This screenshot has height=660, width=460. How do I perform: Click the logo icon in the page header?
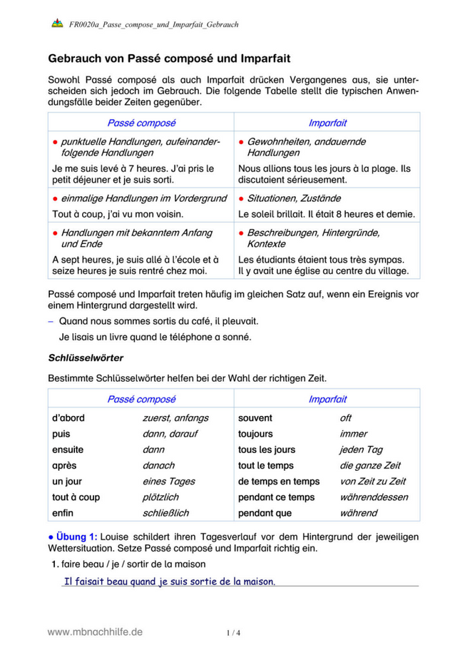(57, 24)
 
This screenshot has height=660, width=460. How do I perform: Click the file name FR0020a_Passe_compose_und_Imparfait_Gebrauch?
(153, 24)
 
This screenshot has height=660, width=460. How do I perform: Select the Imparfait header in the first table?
(327, 123)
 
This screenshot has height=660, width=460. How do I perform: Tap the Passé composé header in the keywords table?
(141, 400)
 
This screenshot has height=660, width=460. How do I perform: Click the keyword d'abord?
(68, 418)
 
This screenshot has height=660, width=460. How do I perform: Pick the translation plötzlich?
(160, 497)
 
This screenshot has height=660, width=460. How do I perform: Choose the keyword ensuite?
(68, 450)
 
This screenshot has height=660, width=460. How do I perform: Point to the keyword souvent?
(255, 418)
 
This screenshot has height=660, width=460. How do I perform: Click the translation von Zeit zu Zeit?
(372, 482)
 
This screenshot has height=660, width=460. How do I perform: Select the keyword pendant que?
(265, 513)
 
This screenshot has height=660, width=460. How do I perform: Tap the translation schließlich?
(165, 513)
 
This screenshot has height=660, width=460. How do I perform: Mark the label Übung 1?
(73, 537)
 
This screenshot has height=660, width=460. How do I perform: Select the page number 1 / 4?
(232, 632)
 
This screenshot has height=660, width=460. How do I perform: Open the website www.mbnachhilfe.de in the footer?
(95, 631)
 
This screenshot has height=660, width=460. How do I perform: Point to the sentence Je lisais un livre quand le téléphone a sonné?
(155, 337)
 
